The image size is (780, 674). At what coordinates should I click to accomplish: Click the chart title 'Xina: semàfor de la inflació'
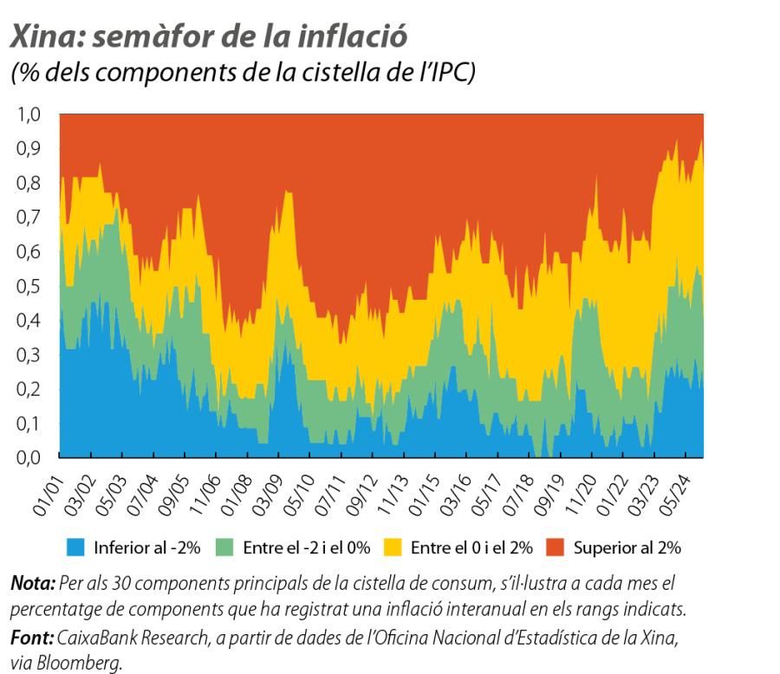point(208,36)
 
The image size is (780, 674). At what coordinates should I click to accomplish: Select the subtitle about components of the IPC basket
point(243,73)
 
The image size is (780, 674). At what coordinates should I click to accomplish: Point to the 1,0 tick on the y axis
point(29,115)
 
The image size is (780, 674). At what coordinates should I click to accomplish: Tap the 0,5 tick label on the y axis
point(29,286)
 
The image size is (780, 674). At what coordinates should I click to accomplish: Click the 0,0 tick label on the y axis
point(29,457)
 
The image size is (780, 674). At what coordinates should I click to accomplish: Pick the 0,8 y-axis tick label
point(29,184)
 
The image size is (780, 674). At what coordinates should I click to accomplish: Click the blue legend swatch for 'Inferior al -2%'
point(76,548)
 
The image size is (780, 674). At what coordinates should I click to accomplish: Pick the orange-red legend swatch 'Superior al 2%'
point(556,548)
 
